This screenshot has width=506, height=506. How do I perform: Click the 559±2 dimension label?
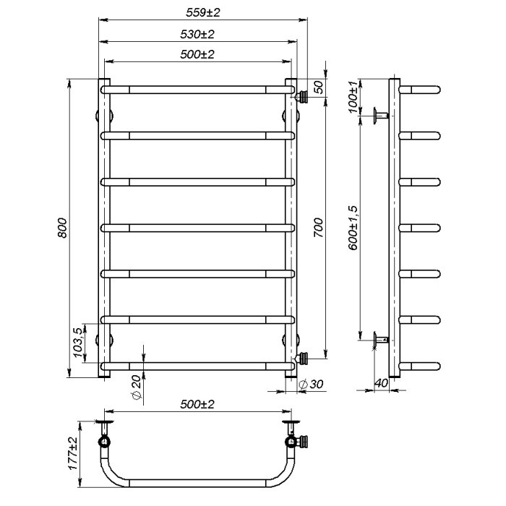203,12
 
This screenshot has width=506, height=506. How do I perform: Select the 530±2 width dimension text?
197,34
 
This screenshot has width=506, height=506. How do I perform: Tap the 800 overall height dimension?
62,228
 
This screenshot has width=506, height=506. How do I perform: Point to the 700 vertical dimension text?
318,228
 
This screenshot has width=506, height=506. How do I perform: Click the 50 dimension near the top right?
318,87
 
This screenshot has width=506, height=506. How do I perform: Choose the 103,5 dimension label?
78,343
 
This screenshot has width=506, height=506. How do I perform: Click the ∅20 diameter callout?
137,387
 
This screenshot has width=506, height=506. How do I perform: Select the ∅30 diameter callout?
311,384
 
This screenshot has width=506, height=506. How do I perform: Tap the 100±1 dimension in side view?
353,96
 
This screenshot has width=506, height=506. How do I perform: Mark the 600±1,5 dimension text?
353,228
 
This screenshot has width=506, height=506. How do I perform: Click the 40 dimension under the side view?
381,383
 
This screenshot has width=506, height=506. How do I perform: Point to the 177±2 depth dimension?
73,453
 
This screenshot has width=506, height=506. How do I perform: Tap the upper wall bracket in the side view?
381,115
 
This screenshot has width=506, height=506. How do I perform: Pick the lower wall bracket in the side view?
381,340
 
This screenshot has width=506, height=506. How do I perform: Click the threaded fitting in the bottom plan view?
302,441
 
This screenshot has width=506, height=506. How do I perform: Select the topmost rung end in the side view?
420,90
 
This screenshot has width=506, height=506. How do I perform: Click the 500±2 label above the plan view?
197,404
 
